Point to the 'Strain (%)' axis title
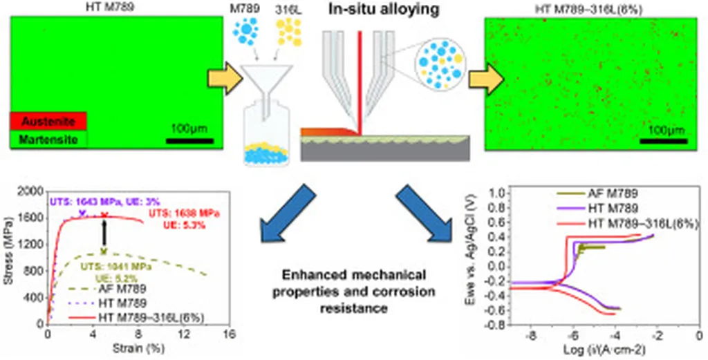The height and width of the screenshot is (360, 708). pyautogui.click(x=138, y=350)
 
